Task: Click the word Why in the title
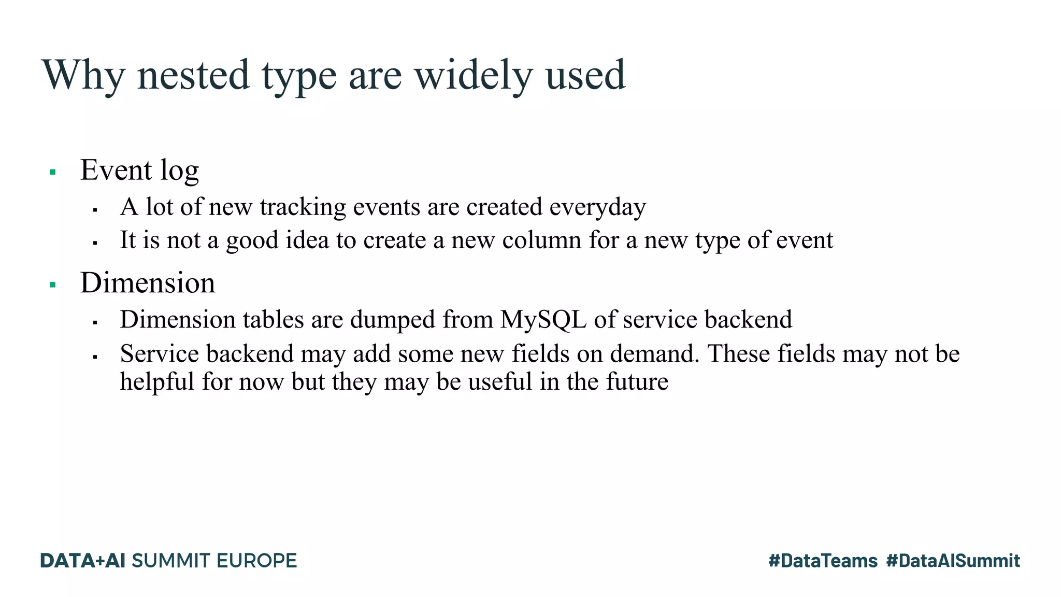[83, 76]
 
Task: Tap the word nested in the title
[194, 76]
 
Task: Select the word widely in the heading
[473, 76]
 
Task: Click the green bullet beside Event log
[52, 172]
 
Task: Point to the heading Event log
[139, 170]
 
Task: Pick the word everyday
[597, 207]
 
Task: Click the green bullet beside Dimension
[52, 285]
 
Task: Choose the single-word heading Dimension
[148, 283]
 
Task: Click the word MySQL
[543, 320]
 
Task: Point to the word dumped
[393, 320]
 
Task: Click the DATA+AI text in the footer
[83, 561]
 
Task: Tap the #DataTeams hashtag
[823, 561]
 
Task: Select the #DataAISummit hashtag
[953, 561]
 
